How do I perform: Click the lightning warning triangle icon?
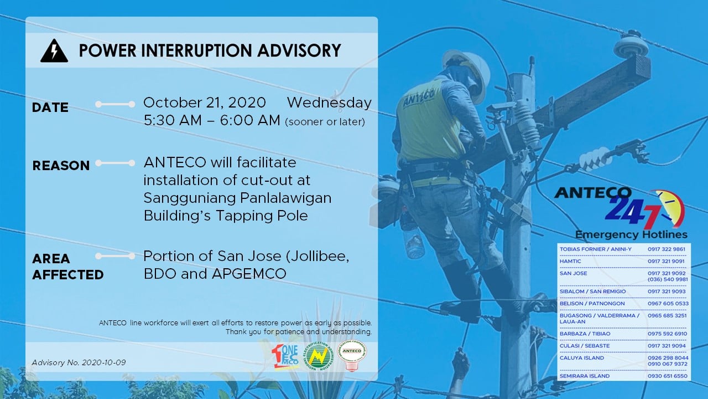tap(54, 51)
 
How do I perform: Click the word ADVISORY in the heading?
tap(299, 50)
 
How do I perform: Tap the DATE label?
tap(50, 108)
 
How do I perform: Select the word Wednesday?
tap(329, 103)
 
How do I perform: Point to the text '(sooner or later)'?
tap(325, 122)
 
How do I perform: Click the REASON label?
tap(61, 166)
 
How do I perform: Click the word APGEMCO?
tap(249, 274)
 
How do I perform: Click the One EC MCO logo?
tap(285, 357)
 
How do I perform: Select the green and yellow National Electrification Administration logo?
tap(318, 356)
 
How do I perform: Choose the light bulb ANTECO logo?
tap(351, 355)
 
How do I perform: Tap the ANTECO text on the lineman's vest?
tap(419, 98)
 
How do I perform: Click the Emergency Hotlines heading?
tap(631, 234)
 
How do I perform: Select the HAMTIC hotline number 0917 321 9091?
tap(666, 261)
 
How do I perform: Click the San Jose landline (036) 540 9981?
tap(668, 279)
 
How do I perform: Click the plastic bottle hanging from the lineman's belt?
tap(413, 241)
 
